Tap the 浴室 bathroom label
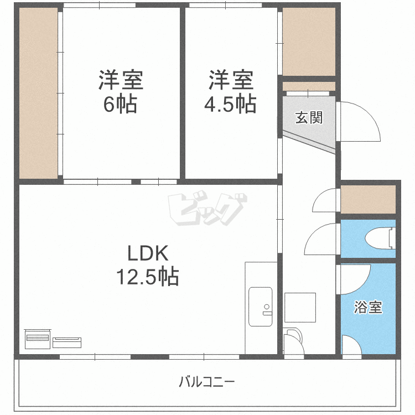pyautogui.click(x=368, y=307)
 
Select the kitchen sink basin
pyautogui.click(x=260, y=307)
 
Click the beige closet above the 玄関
pyautogui.click(x=309, y=41)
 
